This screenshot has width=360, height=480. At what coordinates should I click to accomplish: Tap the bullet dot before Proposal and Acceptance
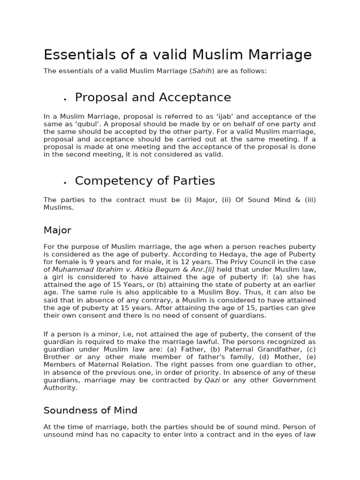[65, 99]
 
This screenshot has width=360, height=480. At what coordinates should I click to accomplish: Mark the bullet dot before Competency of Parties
[65, 182]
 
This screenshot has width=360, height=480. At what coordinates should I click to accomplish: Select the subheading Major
[57, 230]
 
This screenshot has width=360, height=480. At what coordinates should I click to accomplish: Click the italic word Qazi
[212, 380]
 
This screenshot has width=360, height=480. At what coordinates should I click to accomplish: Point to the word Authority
[60, 388]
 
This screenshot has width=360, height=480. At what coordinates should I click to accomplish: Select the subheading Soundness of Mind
[90, 411]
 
